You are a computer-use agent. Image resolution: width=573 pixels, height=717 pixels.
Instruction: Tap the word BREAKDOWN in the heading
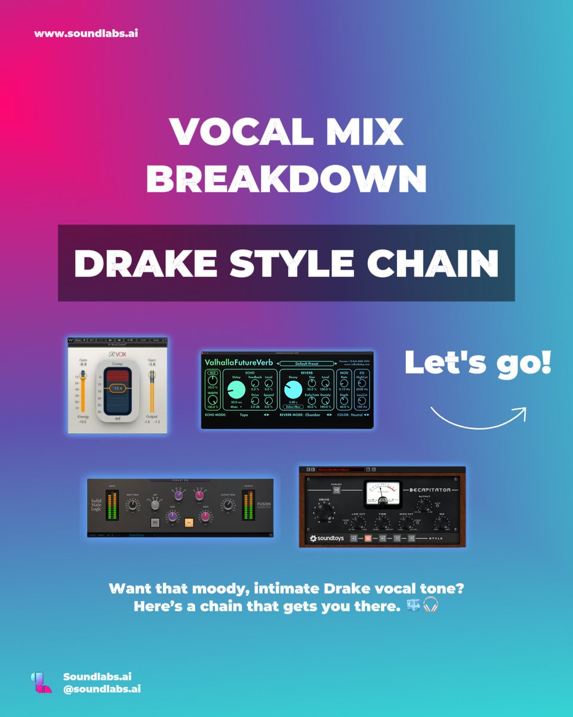pyautogui.click(x=286, y=177)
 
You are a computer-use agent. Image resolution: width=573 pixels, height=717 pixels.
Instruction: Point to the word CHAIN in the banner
pyautogui.click(x=430, y=263)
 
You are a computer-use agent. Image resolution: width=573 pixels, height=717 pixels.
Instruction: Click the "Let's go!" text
pyautogui.click(x=478, y=363)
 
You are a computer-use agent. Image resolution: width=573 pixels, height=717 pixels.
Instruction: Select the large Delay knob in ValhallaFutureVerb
pyautogui.click(x=236, y=389)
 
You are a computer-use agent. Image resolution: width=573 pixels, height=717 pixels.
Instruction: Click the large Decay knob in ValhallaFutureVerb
pyautogui.click(x=293, y=389)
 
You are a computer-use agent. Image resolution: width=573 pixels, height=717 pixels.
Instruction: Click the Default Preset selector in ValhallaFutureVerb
pyautogui.click(x=308, y=363)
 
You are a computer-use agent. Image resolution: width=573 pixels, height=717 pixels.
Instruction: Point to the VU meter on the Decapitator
pyautogui.click(x=383, y=493)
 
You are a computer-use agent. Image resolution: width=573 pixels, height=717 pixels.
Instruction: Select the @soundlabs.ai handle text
pyautogui.click(x=101, y=689)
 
